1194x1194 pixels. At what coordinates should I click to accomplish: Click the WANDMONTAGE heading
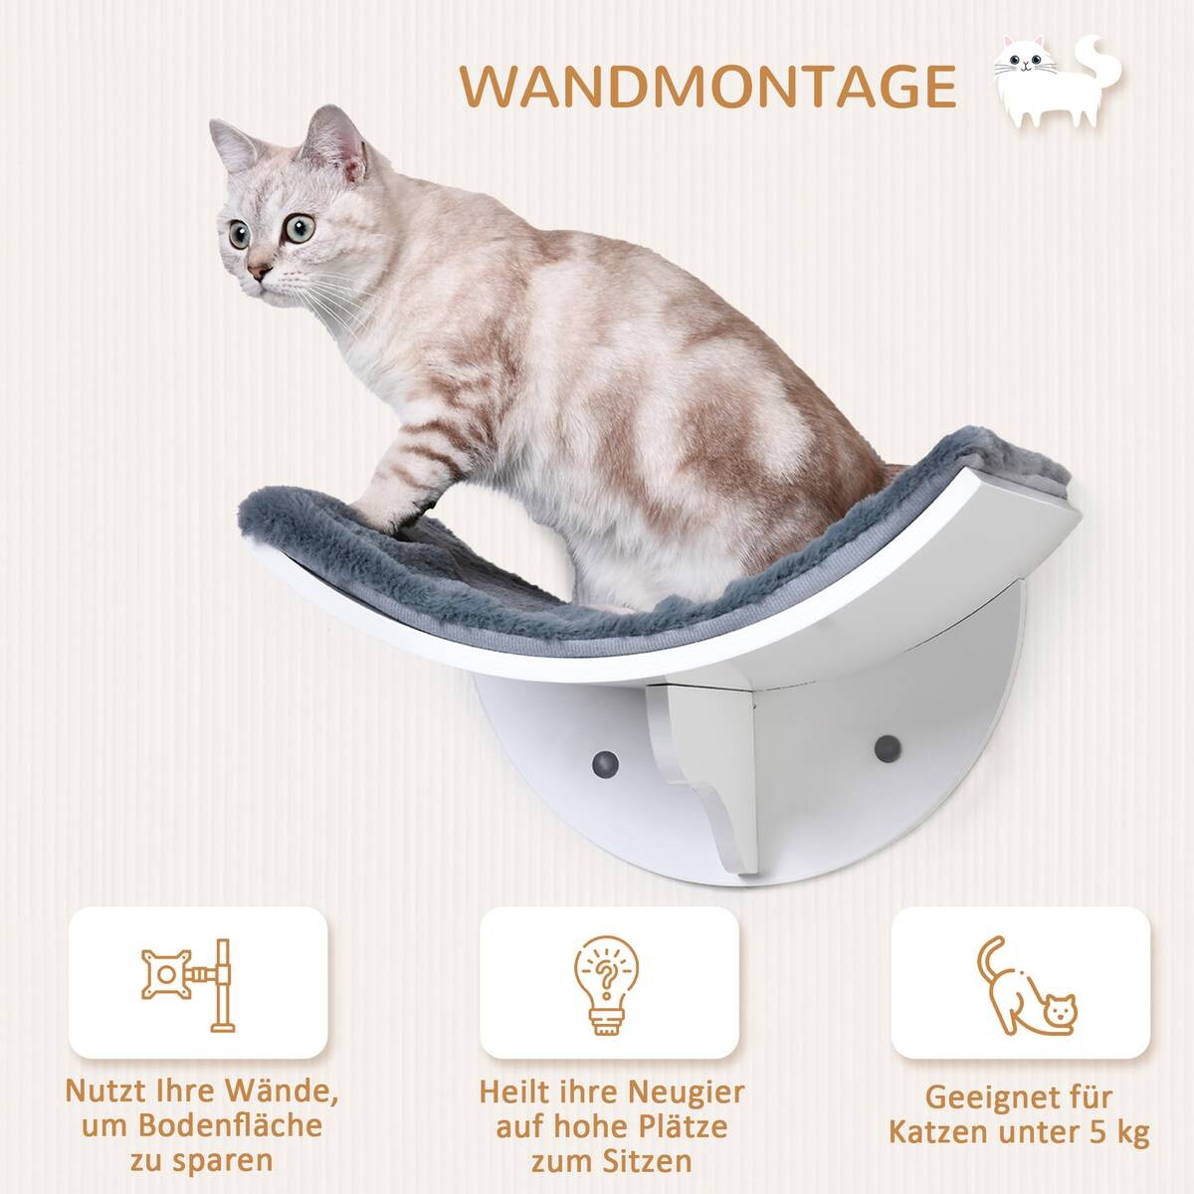click(708, 87)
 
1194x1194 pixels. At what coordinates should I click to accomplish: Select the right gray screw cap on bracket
click(883, 745)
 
